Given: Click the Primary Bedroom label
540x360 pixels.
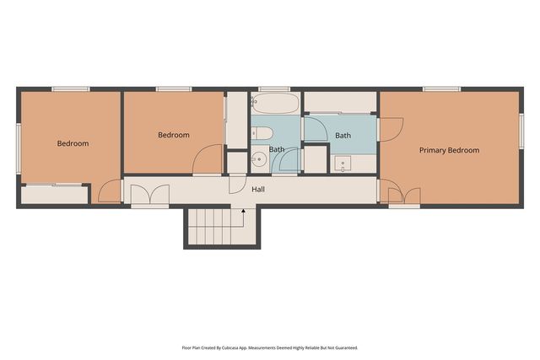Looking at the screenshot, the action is [449, 150].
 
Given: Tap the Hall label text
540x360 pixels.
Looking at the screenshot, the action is [258, 190].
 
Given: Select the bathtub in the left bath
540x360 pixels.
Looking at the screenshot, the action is [276, 103].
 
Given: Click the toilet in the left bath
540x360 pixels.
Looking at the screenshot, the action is [262, 133].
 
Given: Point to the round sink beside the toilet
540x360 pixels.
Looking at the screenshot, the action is [259, 159].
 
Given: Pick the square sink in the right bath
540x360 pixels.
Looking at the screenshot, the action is [343, 164].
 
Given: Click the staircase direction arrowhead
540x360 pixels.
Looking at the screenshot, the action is [243, 211].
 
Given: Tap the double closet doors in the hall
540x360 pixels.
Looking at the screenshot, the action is [150, 196].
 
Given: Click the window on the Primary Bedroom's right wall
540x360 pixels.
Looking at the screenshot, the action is [521, 132].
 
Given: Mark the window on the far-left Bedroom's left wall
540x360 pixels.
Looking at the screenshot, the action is [19, 148].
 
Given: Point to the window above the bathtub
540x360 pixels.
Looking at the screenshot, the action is [274, 89].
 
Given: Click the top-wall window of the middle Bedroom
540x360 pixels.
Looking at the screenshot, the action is [174, 89].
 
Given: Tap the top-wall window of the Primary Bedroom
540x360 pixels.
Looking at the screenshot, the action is [442, 89].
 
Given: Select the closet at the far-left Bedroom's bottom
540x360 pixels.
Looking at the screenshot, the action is [54, 195].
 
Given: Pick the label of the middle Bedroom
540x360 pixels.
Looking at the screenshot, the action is [174, 135].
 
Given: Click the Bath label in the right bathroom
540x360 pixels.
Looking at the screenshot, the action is [343, 136].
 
